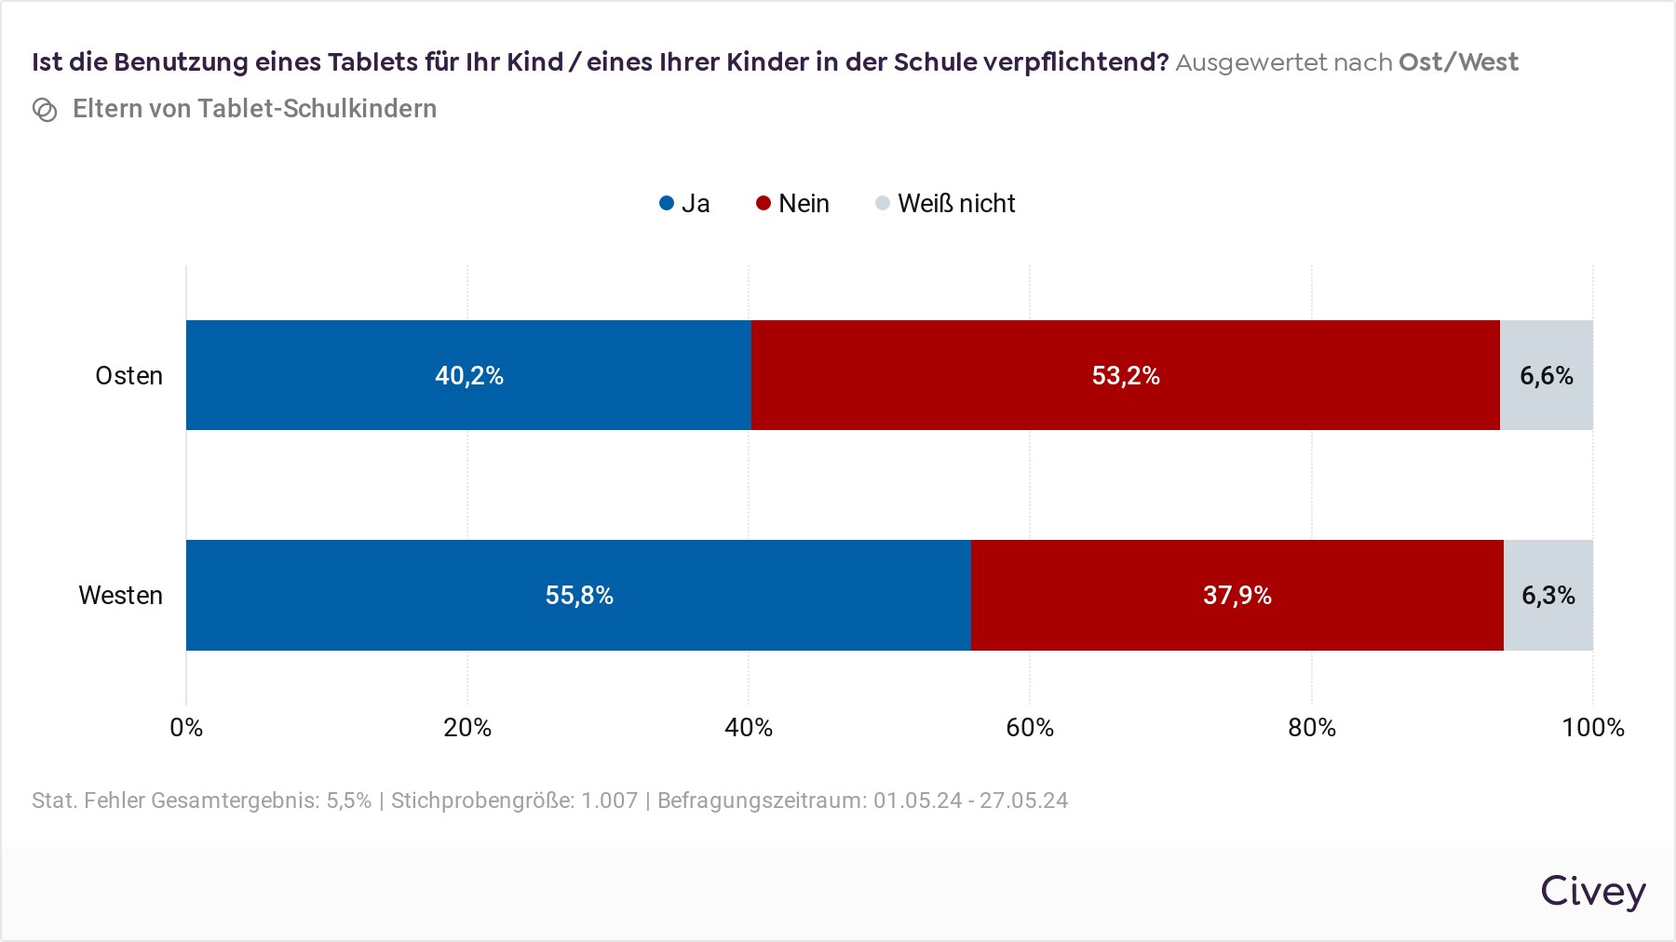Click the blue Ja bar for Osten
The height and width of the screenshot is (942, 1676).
(x=468, y=375)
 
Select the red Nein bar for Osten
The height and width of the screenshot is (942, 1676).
(x=1125, y=375)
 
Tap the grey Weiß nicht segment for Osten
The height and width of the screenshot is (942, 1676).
(x=1547, y=375)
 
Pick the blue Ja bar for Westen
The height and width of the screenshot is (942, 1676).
(x=578, y=595)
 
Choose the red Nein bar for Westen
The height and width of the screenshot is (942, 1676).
(x=1237, y=595)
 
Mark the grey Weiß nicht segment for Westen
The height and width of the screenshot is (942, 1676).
(x=1548, y=595)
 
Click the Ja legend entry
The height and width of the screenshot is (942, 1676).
(x=684, y=204)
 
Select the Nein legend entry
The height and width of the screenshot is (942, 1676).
(x=792, y=204)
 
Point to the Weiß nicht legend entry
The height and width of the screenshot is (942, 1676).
(x=945, y=204)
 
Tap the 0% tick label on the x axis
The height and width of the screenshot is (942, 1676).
(x=186, y=728)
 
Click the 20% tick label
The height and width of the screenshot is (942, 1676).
(x=467, y=728)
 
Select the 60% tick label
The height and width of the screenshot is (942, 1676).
(x=1030, y=728)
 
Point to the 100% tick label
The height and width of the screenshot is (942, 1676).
(x=1592, y=728)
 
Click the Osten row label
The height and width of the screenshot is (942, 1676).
(x=128, y=376)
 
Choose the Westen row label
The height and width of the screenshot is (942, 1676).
(x=120, y=596)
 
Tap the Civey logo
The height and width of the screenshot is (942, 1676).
(x=1592, y=892)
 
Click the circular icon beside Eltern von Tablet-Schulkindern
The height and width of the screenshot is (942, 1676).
(x=45, y=110)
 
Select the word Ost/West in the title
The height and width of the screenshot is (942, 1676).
(x=1458, y=62)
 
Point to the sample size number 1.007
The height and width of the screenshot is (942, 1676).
(x=610, y=801)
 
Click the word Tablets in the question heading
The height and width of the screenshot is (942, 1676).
(x=372, y=62)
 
